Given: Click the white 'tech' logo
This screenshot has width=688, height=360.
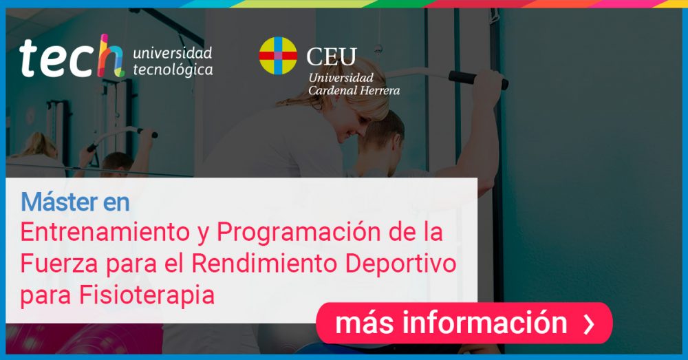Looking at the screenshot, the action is [x=71, y=57].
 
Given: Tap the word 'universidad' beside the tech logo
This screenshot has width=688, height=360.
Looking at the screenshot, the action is [x=173, y=53].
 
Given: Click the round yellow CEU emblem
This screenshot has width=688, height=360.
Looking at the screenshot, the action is [x=278, y=55].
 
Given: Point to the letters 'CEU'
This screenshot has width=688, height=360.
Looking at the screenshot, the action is [x=332, y=56].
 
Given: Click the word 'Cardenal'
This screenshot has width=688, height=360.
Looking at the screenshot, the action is [x=332, y=90].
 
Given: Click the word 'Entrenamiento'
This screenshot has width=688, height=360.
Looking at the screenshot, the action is [x=105, y=232].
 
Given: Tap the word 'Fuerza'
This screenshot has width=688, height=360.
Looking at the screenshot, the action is [x=59, y=264].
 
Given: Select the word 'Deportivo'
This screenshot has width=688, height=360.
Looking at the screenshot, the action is [x=400, y=264].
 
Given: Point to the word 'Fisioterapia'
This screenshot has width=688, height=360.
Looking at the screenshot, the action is [x=147, y=295].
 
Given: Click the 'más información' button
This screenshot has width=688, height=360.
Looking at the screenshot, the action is [x=464, y=323].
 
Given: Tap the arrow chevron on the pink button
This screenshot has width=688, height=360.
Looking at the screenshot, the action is [x=589, y=324].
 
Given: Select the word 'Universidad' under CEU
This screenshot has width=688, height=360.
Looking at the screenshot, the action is [x=341, y=78].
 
